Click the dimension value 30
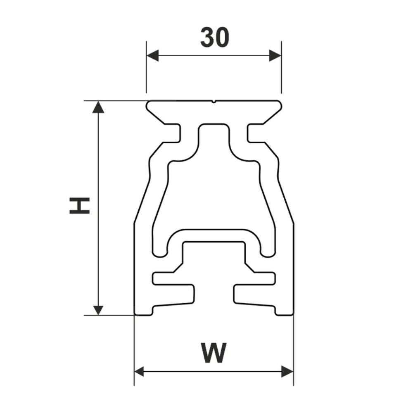point(214,38)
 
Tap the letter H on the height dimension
point(80,205)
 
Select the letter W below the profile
point(214,352)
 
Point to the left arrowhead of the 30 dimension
point(152,55)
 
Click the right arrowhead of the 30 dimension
point(275,55)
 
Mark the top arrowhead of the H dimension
point(98,107)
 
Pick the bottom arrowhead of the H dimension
point(98,309)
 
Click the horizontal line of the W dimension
point(214,371)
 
